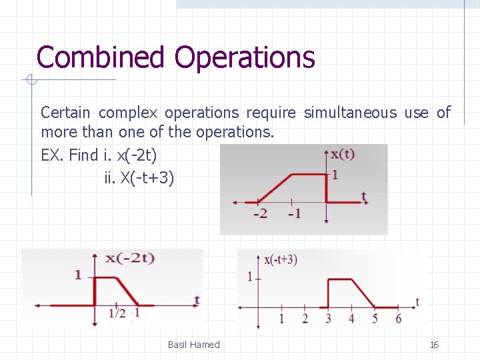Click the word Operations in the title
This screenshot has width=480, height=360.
(244, 57)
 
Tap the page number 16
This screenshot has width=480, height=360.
(434, 345)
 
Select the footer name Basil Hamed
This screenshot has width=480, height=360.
(193, 345)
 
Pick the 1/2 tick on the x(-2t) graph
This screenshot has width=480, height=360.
(117, 313)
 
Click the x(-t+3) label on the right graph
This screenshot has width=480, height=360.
(281, 260)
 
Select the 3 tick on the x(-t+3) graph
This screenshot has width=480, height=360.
(328, 319)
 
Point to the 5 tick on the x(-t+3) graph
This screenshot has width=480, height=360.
(375, 319)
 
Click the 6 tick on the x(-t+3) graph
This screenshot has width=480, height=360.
(398, 319)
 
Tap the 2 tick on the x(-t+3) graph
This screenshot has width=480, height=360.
(305, 319)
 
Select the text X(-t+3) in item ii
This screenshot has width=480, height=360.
(146, 179)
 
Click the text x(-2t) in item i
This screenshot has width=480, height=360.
(137, 156)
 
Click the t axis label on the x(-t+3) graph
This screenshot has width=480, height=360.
(417, 303)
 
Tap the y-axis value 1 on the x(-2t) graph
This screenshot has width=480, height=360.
(79, 275)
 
